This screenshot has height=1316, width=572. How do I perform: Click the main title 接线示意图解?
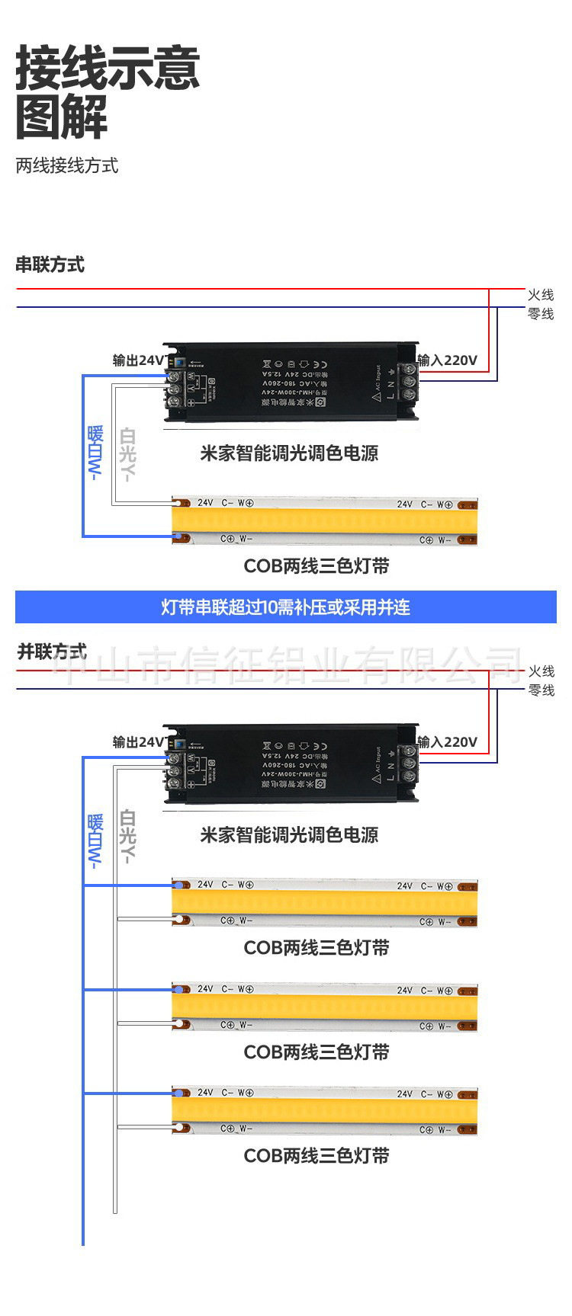pyautogui.click(x=108, y=91)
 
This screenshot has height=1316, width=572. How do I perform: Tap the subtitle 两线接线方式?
pyautogui.click(x=67, y=165)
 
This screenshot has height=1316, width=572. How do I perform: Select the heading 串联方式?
pyautogui.click(x=50, y=265)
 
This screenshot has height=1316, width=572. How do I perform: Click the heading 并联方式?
pyautogui.click(x=52, y=652)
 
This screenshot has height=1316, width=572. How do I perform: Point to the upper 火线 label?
pyautogui.click(x=541, y=295)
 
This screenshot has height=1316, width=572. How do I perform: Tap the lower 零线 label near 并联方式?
pyautogui.click(x=541, y=690)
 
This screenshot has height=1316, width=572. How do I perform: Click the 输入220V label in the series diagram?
pyautogui.click(x=447, y=360)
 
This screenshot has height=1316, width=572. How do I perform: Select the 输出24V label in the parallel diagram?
pyautogui.click(x=138, y=741)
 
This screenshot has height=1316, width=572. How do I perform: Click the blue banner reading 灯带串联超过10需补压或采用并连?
pyautogui.click(x=286, y=607)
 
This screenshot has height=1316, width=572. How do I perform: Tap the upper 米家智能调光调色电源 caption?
pyautogui.click(x=289, y=453)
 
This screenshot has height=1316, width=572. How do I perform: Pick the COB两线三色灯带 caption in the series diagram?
pyautogui.click(x=317, y=566)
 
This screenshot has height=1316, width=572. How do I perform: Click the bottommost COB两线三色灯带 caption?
pyautogui.click(x=317, y=1156)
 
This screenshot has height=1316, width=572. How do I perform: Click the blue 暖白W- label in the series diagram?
pyautogui.click(x=95, y=453)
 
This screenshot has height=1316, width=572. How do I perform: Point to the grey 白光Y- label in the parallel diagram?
pyautogui.click(x=128, y=836)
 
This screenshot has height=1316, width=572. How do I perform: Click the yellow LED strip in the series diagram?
pyautogui.click(x=325, y=520)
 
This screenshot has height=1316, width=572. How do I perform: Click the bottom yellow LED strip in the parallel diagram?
pyautogui.click(x=325, y=1110)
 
